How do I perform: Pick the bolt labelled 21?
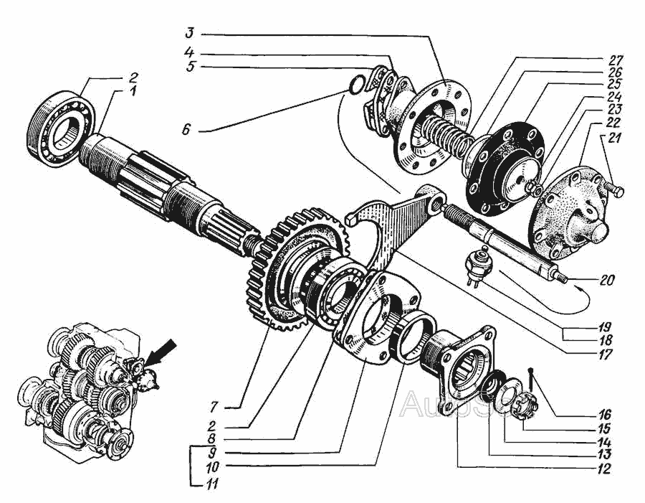pos(613,192)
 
